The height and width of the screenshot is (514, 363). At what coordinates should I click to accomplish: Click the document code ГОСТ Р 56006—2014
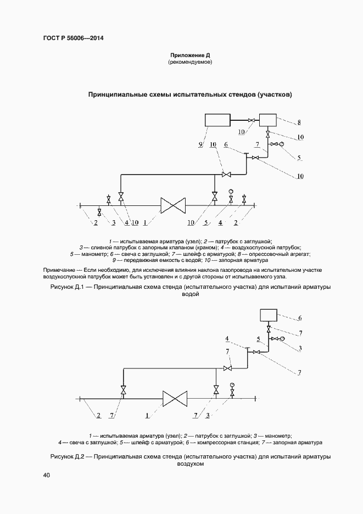(73, 38)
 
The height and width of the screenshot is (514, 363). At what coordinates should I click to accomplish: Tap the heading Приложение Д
(190, 55)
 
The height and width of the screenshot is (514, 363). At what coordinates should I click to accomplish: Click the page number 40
(46, 476)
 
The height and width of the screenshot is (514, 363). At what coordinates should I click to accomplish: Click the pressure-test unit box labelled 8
(268, 120)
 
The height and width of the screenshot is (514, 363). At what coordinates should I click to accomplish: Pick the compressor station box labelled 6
(269, 316)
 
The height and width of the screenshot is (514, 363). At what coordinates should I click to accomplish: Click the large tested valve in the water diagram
(173, 206)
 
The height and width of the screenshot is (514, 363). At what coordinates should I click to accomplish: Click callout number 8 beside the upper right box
(299, 122)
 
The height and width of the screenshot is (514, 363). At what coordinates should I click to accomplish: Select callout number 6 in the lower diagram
(300, 318)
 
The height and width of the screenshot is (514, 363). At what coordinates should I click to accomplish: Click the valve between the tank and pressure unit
(252, 120)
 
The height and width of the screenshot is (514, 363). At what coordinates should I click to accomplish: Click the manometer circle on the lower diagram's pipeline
(232, 384)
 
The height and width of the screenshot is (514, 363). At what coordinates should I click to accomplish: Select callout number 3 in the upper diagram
(114, 222)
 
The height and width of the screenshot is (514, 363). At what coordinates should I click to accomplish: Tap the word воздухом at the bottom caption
(190, 464)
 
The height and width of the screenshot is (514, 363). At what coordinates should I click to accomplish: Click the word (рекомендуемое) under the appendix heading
(190, 63)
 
